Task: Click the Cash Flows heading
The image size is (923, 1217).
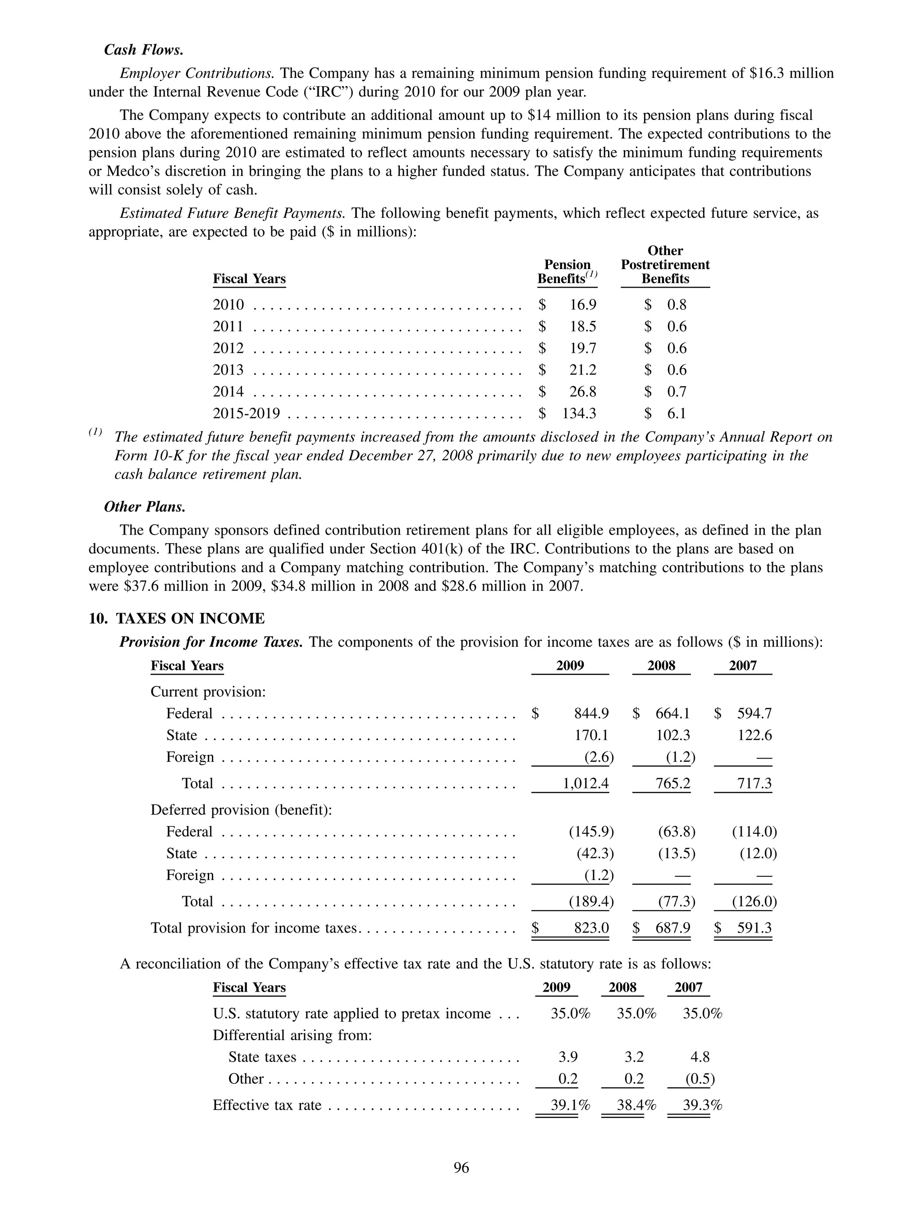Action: coord(144,50)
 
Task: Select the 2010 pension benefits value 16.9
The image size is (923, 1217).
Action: coord(583,305)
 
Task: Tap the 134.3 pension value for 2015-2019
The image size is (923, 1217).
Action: coord(579,413)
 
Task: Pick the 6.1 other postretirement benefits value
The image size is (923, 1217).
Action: coord(676,413)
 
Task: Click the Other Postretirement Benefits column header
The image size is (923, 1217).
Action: coord(665,265)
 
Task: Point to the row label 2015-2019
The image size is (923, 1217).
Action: coord(247,413)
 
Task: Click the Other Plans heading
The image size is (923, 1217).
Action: coord(145,507)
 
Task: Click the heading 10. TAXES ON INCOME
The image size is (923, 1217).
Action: coord(177,618)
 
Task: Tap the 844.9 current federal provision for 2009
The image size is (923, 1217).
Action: coord(591,714)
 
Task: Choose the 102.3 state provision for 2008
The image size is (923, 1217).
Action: coord(673,736)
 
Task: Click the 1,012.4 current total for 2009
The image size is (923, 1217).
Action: coord(586,783)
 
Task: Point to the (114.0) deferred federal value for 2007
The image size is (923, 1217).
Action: coord(754,832)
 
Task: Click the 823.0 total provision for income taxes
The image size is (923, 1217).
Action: coord(591,928)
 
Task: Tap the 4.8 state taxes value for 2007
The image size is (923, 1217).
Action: coord(699,1057)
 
